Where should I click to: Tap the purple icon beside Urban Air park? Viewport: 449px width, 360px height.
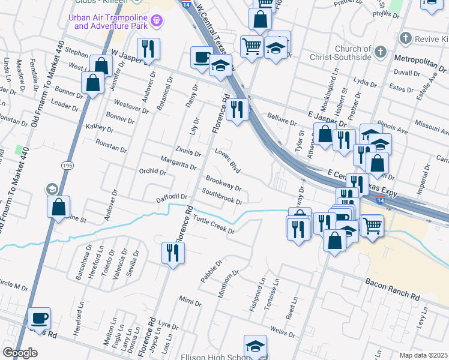(x=157, y=21)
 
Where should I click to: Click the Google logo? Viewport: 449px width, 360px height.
(x=20, y=353)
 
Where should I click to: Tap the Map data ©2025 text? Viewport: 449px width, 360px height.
(x=423, y=355)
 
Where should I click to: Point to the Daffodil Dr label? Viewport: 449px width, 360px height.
(x=172, y=197)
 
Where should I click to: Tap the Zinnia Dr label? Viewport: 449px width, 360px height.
(x=188, y=151)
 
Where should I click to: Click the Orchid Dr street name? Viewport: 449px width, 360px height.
(x=152, y=172)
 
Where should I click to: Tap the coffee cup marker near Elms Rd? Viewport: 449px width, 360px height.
(x=40, y=317)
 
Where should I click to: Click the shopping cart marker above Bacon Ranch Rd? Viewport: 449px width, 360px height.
(x=372, y=226)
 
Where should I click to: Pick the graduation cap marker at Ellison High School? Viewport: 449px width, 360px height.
(x=255, y=346)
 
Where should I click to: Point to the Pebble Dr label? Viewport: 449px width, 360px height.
(x=211, y=271)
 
